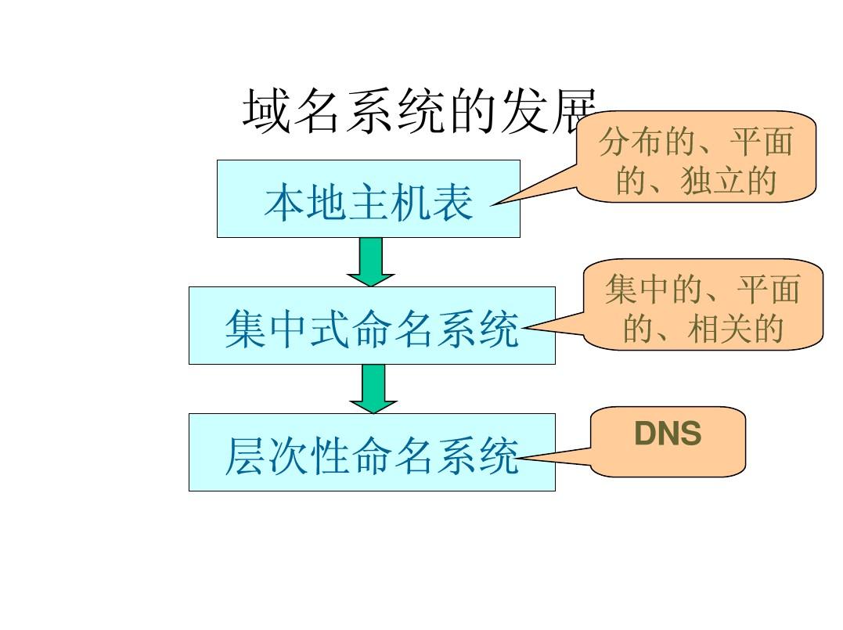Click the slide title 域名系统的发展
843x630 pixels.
tap(420, 112)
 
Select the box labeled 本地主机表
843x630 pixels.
tap(368, 199)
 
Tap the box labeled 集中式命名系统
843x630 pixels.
tap(372, 326)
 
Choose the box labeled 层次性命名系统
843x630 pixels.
tap(372, 452)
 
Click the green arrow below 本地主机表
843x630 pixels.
tap(371, 261)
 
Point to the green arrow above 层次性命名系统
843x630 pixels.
tap(373, 388)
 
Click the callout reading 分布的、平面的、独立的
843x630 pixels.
tap(696, 157)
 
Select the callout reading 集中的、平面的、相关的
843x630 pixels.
tap(703, 304)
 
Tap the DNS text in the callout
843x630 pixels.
tap(667, 434)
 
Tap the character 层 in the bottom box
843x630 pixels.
tap(244, 456)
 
